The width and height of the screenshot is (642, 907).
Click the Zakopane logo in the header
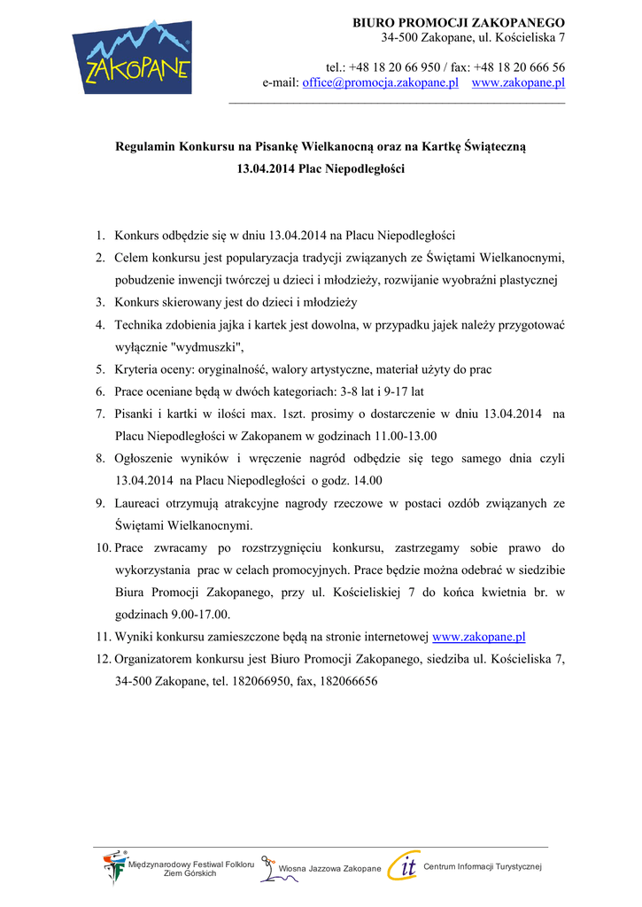[x=132, y=57]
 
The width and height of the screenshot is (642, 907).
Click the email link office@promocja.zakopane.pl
[x=380, y=82]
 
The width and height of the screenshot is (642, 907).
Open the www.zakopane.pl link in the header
[x=518, y=82]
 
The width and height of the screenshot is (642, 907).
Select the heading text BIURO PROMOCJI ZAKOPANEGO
[x=459, y=22]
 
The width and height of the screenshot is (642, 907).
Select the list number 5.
[x=101, y=369]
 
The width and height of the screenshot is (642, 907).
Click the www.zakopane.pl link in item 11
[x=479, y=637]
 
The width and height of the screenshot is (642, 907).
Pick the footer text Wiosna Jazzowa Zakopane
[x=329, y=869]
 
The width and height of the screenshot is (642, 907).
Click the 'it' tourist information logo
[x=404, y=866]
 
